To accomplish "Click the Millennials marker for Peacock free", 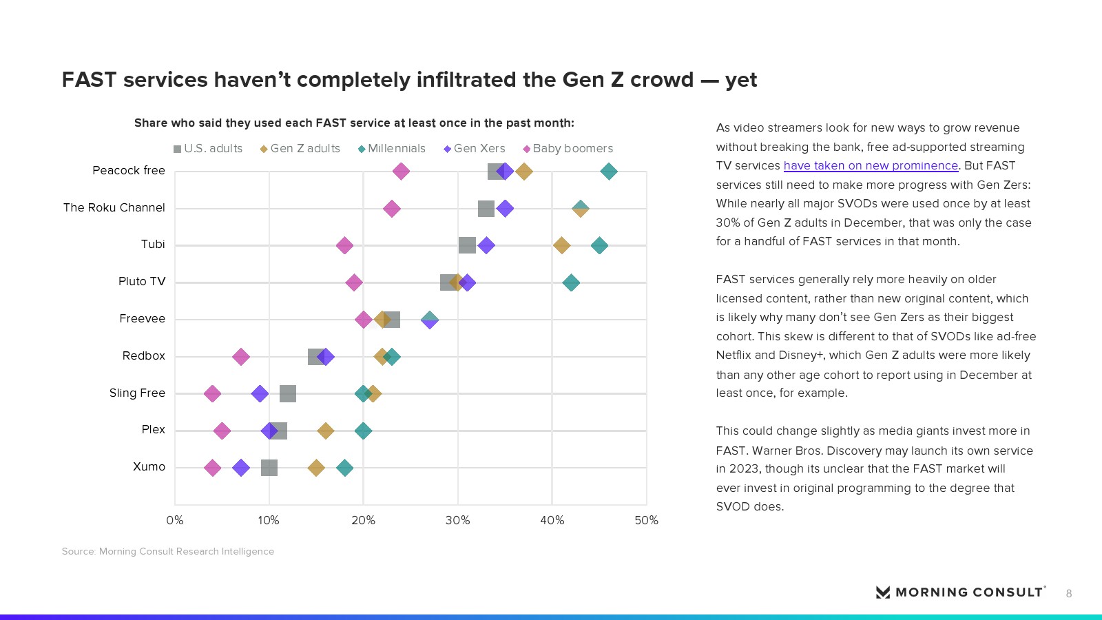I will (609, 172).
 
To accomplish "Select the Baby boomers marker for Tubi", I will (344, 245).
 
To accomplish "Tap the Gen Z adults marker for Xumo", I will (316, 468).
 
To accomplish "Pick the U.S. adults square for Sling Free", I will (288, 394).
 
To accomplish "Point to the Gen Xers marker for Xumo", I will (241, 468).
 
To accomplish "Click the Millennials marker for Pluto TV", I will (571, 282).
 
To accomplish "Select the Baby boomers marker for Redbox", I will (241, 357).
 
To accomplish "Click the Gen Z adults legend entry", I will (300, 149).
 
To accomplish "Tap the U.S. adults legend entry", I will (208, 149).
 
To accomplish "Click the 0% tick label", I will (175, 521).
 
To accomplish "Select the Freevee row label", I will (142, 319).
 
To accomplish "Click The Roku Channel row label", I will (114, 208).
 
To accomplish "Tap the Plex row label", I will (153, 430).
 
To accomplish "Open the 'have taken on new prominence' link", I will (871, 166).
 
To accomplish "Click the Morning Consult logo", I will (960, 592).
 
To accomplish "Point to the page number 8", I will (1069, 594).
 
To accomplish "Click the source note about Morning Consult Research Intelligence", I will (168, 552).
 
